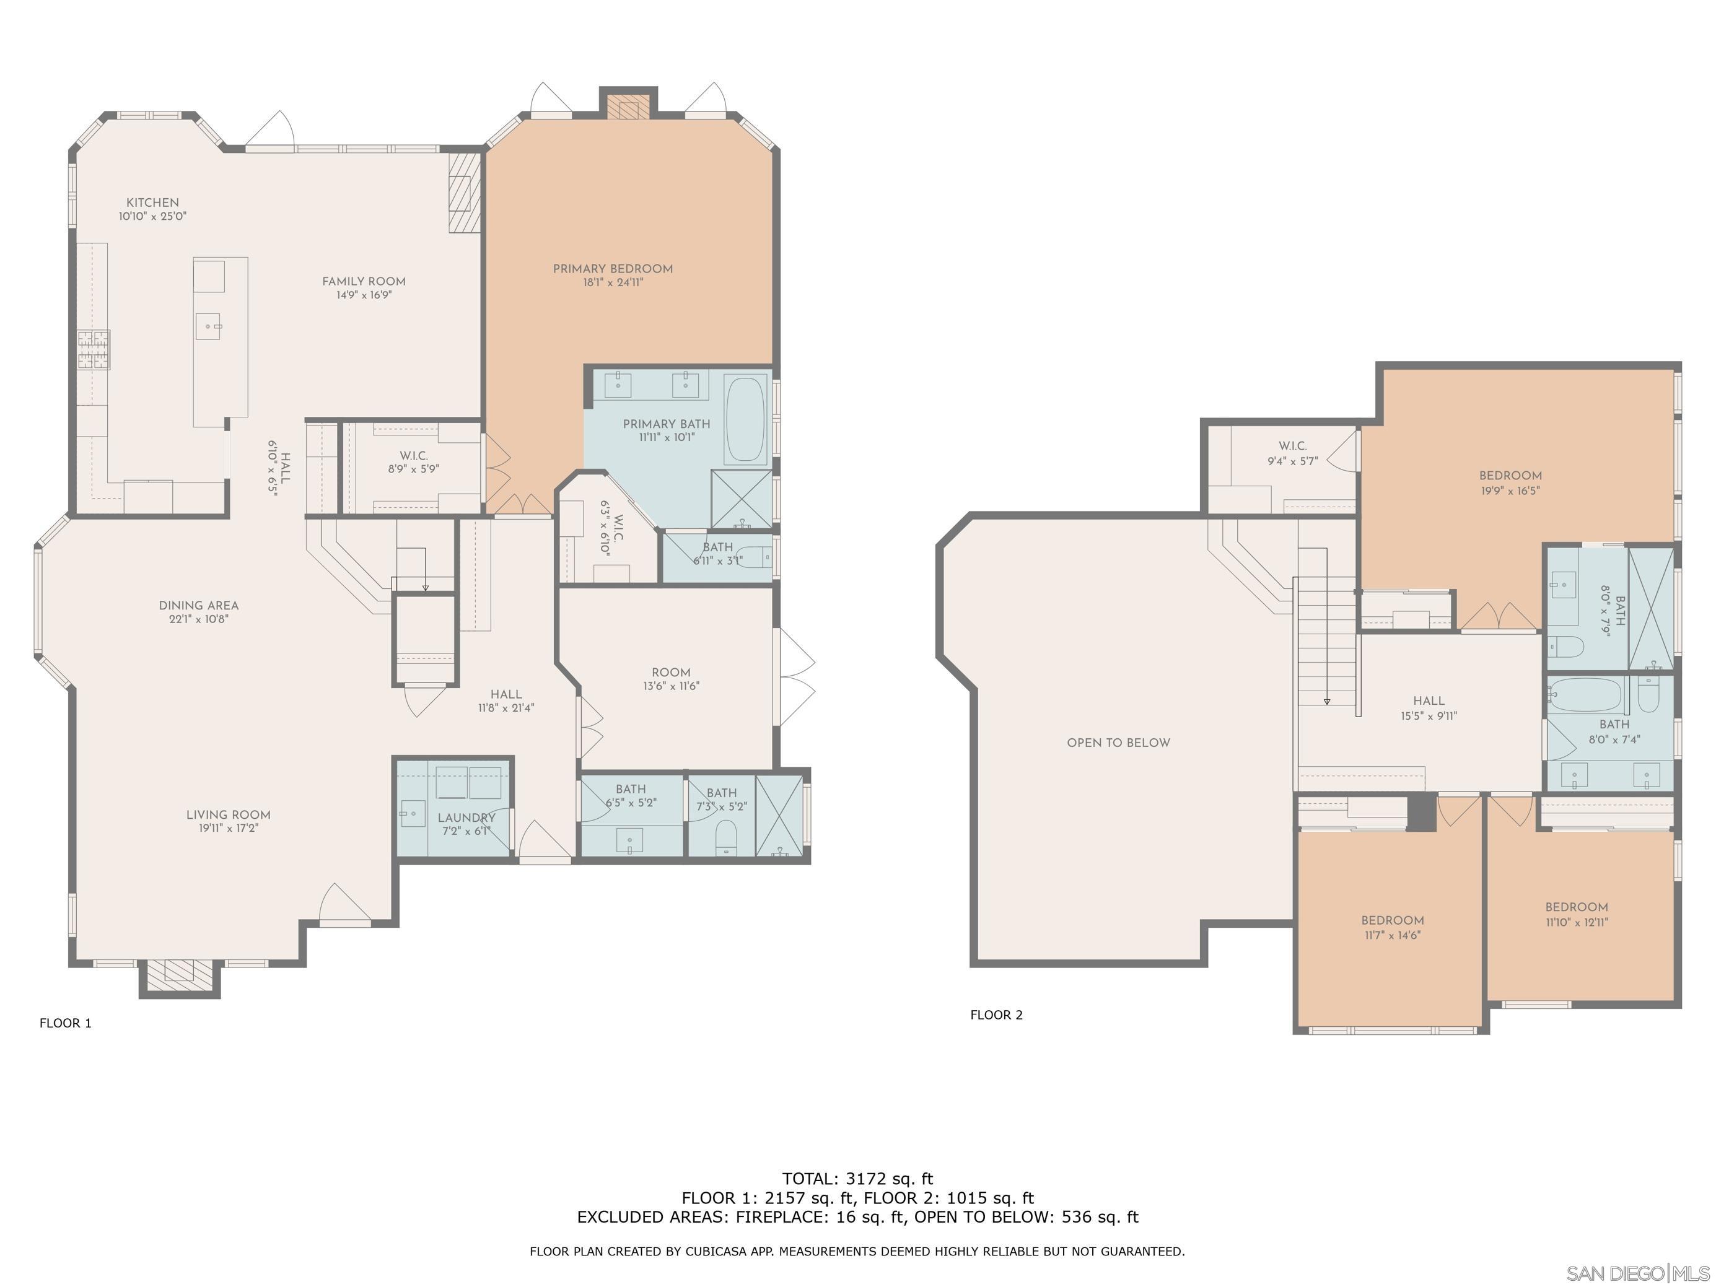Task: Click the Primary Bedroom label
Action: pyautogui.click(x=613, y=269)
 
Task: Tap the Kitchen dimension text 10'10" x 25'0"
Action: pyautogui.click(x=153, y=216)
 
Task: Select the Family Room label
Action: pyautogui.click(x=364, y=282)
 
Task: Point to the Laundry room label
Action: pyautogui.click(x=466, y=818)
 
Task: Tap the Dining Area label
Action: pyautogui.click(x=199, y=606)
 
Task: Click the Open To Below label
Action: pyautogui.click(x=1119, y=743)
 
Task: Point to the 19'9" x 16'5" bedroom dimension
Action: pyautogui.click(x=1510, y=491)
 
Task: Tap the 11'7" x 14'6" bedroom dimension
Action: pyautogui.click(x=1393, y=936)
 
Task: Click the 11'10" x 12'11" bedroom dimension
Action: pyautogui.click(x=1577, y=922)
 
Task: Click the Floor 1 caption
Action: pyautogui.click(x=66, y=1023)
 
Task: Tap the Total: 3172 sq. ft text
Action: pyautogui.click(x=857, y=1179)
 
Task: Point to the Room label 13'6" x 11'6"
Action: pyautogui.click(x=671, y=679)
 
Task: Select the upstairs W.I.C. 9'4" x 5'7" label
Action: pyautogui.click(x=1292, y=453)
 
